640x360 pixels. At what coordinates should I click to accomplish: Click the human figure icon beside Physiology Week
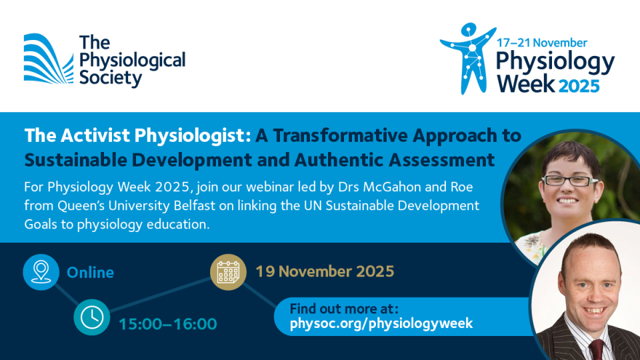(469, 58)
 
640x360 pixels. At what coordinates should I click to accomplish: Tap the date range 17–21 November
(541, 43)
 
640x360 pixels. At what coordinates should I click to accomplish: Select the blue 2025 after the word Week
(579, 86)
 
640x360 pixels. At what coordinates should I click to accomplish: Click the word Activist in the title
(95, 135)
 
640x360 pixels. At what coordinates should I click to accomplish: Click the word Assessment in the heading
(441, 159)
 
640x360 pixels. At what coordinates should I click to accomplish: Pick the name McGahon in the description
(392, 187)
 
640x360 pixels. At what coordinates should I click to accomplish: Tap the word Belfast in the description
(194, 205)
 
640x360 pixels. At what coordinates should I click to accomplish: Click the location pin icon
(41, 272)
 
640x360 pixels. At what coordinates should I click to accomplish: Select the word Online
(90, 273)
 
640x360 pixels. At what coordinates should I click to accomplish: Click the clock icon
(92, 317)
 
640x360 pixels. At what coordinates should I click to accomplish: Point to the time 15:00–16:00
(168, 324)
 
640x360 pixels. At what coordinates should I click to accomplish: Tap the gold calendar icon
(228, 272)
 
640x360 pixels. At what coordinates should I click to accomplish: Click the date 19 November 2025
(325, 271)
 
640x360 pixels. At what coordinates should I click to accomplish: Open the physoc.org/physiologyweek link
(381, 323)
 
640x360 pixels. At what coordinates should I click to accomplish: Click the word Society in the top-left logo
(111, 78)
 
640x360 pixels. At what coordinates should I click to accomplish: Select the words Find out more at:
(344, 309)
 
